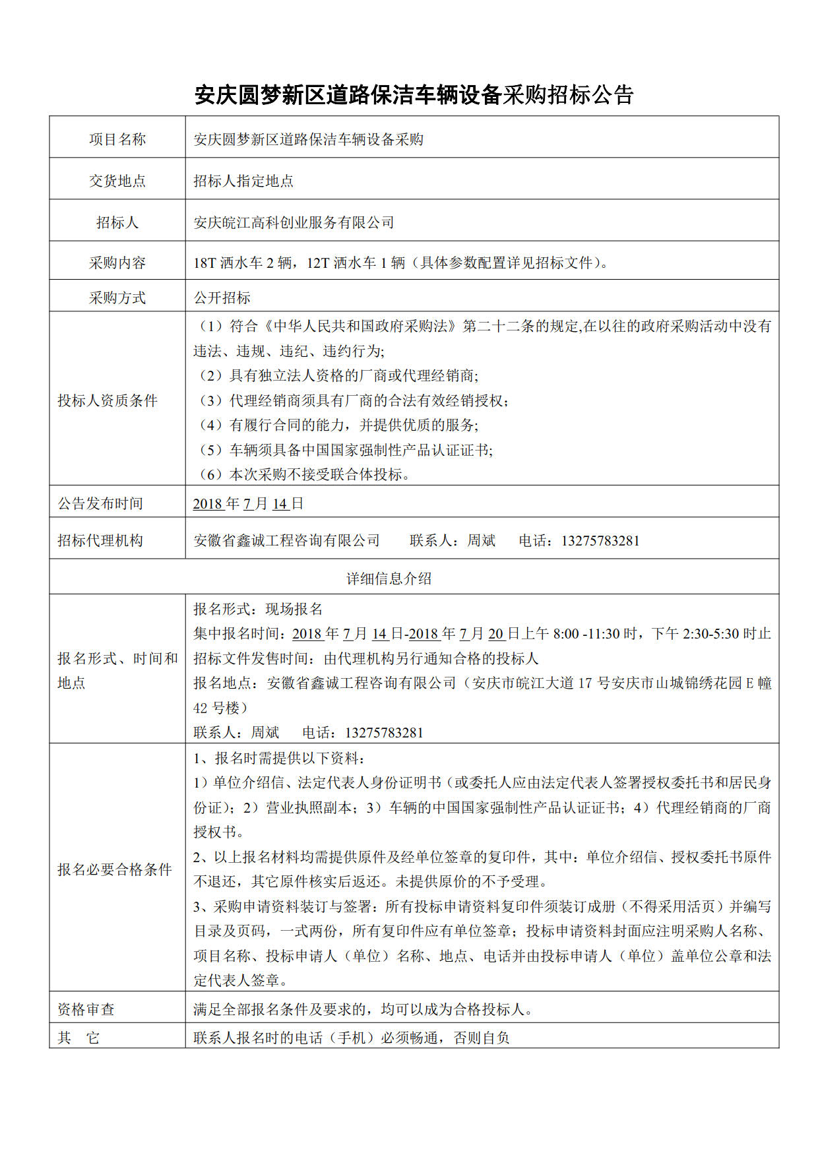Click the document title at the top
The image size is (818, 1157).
pos(414,95)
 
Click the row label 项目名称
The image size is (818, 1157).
pos(117,139)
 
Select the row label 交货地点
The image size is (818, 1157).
pos(117,181)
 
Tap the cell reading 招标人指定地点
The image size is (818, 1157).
pos(243,181)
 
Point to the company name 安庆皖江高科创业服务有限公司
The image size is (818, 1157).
pos(294,223)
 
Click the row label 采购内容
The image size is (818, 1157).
pos(117,263)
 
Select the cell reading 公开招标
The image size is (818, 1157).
pos(222,298)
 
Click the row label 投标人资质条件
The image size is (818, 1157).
pos(108,400)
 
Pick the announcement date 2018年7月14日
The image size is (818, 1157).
pos(248,504)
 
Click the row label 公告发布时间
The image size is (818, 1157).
pos(100,504)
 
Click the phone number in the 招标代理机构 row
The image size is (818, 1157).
pos(600,541)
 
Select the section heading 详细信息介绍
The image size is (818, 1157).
pos(389,578)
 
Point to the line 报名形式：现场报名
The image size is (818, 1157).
pos(258,609)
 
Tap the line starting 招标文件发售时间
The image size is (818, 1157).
pos(366,658)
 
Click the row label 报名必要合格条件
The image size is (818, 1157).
pos(115,869)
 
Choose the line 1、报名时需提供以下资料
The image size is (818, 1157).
pos(280,759)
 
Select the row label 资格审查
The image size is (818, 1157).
pos(86,1009)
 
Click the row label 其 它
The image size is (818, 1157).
pos(79,1038)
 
